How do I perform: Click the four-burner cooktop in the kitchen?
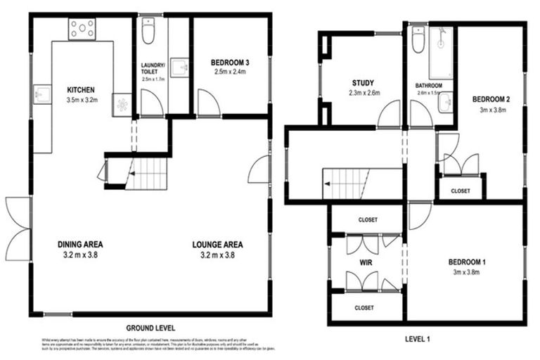[x=82, y=28]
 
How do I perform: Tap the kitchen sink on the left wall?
[x=41, y=93]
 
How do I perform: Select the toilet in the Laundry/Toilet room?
[x=148, y=32]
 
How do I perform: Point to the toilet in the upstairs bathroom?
[x=418, y=41]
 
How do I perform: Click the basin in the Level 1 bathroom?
[x=446, y=103]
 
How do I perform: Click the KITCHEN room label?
[x=81, y=90]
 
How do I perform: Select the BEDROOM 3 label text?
[x=230, y=63]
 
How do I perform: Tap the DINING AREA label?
[x=80, y=245]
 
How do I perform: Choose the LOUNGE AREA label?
[x=218, y=245]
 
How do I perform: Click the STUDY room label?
[x=364, y=83]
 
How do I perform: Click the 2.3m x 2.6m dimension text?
[x=364, y=93]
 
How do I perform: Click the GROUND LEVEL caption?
[x=150, y=328]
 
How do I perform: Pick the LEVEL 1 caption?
[x=418, y=338]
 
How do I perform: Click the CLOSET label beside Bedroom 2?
[x=461, y=190]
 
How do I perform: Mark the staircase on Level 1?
[x=347, y=184]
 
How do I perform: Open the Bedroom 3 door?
[x=208, y=104]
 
